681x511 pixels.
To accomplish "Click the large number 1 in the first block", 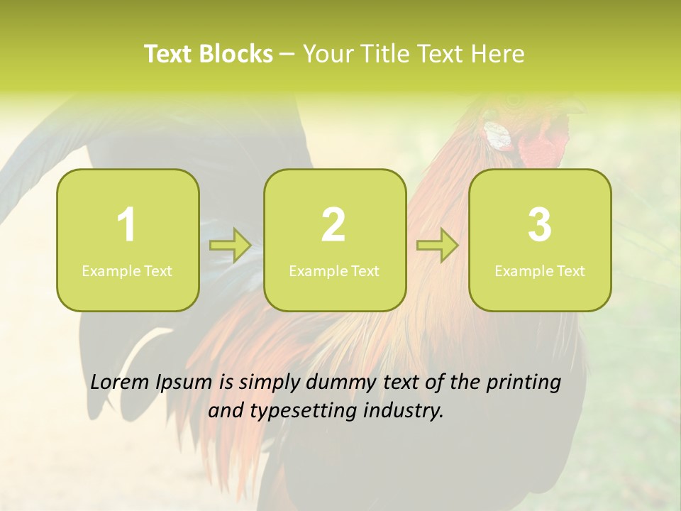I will (x=127, y=225).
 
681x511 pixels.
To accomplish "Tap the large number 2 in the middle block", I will (x=333, y=225).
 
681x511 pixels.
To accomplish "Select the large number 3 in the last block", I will (x=540, y=225).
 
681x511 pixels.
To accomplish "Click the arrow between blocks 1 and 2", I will (x=231, y=246).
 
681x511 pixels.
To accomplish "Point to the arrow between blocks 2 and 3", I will (x=438, y=246).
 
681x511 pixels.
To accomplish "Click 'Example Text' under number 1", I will (x=127, y=270).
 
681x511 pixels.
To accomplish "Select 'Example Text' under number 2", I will (x=334, y=270).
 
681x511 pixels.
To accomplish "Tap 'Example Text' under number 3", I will (x=540, y=270).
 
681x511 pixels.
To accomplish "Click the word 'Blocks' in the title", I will (x=236, y=54).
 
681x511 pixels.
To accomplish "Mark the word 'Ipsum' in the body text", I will (x=184, y=383).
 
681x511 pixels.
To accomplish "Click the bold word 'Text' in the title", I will (x=169, y=54).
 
